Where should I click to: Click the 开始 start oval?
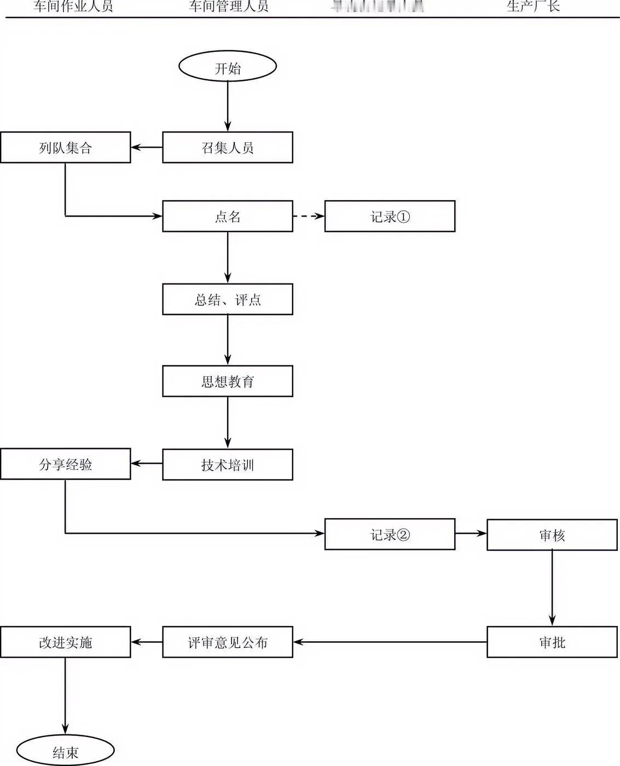(227, 67)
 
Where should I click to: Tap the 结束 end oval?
(65, 752)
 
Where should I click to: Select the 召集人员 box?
(227, 148)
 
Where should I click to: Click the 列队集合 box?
(65, 148)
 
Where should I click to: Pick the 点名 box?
(227, 217)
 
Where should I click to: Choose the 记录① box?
(390, 217)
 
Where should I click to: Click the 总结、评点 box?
(227, 299)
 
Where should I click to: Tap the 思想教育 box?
(227, 381)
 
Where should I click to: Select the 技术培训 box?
(227, 465)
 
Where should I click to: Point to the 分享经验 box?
(65, 464)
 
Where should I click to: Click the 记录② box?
(390, 535)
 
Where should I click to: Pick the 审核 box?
(552, 535)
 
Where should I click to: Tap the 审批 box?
(552, 642)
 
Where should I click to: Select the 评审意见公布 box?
(227, 642)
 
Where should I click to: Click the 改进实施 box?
(65, 642)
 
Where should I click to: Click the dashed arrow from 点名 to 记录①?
(309, 216)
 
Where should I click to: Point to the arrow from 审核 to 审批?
(552, 588)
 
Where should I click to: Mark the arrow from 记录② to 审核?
(471, 533)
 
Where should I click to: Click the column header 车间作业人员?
(73, 7)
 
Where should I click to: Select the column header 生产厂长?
(533, 7)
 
